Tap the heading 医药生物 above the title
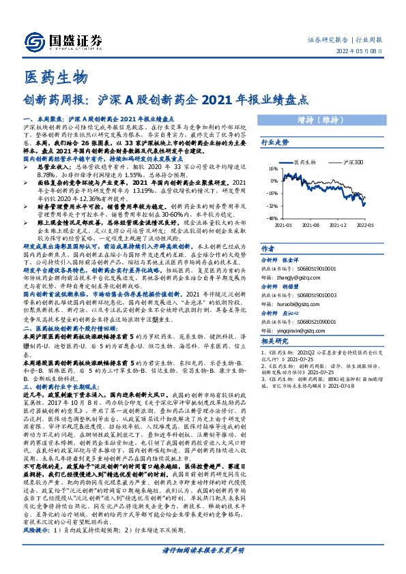click(55, 76)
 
